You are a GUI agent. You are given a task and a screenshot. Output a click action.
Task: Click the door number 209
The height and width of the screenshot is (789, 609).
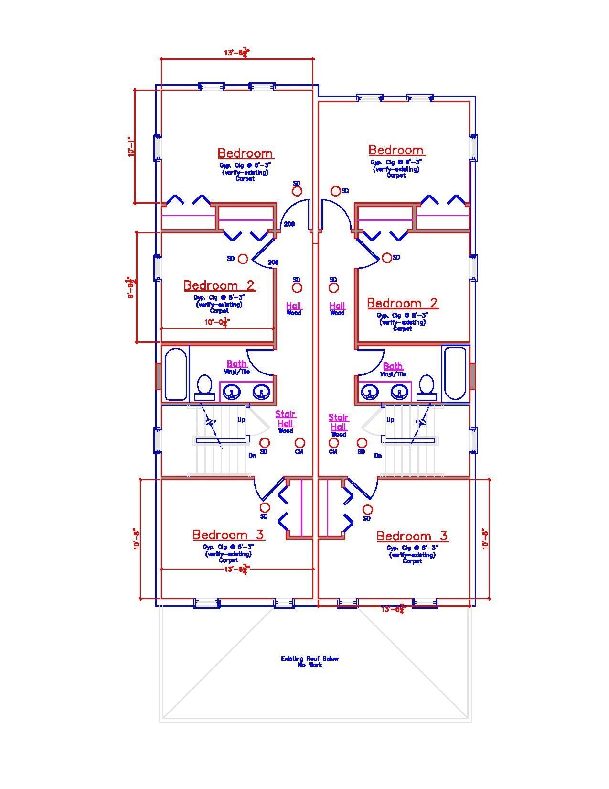(x=289, y=224)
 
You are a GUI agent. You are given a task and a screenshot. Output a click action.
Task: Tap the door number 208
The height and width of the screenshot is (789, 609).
(x=273, y=262)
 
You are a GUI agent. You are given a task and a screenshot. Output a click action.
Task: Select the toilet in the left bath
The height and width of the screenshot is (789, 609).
(x=205, y=386)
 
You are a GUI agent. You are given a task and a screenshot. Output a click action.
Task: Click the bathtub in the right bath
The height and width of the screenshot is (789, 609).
(x=455, y=373)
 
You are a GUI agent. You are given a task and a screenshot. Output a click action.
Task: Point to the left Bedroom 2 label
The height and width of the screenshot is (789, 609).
(x=219, y=285)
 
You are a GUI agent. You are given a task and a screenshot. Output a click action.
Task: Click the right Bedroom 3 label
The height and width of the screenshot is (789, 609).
(x=412, y=536)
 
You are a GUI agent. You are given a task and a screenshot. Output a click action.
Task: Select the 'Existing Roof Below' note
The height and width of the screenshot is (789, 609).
(x=310, y=659)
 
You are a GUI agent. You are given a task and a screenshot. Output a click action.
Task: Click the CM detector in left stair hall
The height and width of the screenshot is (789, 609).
(x=299, y=443)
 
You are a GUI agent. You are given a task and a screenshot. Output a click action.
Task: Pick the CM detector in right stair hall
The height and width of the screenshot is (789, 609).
(x=333, y=443)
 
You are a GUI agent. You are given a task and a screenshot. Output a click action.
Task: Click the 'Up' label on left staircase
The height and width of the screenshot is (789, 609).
(x=242, y=420)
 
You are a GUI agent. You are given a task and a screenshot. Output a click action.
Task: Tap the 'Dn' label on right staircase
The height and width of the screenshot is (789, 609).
(x=378, y=456)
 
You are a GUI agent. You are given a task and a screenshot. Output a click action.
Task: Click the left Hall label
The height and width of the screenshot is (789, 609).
(x=294, y=306)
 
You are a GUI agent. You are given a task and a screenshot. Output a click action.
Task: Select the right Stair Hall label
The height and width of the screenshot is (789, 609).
(x=338, y=422)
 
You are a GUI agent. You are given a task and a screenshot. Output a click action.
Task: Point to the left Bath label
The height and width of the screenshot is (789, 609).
(x=236, y=364)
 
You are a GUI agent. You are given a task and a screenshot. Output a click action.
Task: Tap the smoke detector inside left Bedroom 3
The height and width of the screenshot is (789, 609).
(x=265, y=507)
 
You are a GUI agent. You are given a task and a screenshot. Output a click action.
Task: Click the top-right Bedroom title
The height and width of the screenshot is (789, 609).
(x=395, y=150)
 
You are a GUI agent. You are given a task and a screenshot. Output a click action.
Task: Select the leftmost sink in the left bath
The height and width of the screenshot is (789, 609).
(x=232, y=393)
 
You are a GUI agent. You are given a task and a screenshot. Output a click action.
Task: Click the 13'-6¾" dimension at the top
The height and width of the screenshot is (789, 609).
(x=237, y=53)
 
